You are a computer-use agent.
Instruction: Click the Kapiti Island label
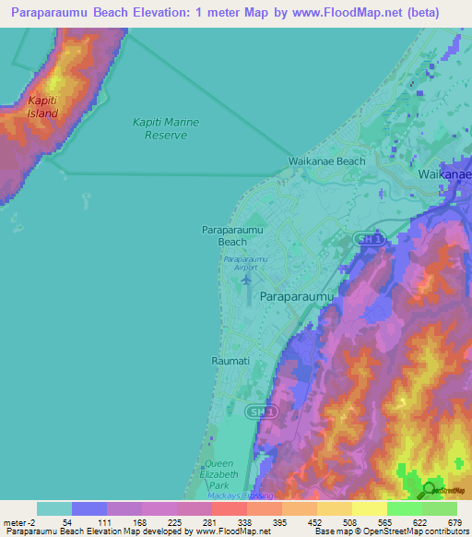[42, 107]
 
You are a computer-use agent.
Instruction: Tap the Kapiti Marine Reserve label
[166, 128]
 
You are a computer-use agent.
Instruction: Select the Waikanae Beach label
[326, 161]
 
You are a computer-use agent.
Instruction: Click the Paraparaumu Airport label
[245, 263]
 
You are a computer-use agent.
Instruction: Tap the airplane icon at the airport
[245, 279]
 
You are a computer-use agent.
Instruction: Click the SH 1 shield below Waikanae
[367, 240]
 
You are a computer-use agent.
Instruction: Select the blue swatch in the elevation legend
[89, 508]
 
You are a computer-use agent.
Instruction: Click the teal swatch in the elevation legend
[54, 508]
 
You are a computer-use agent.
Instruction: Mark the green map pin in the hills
[429, 489]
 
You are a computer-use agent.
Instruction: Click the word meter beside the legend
[15, 522]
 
